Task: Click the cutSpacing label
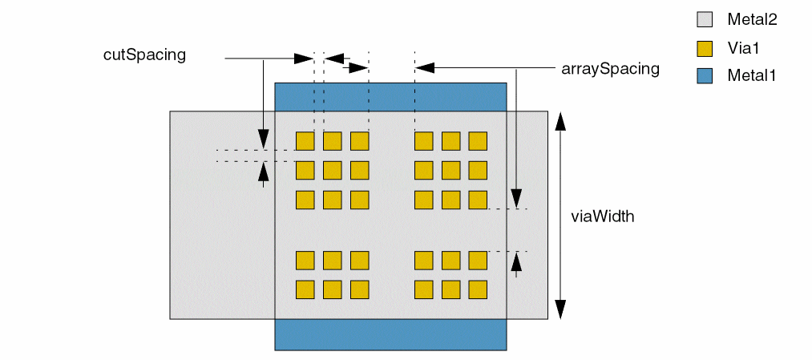(144, 55)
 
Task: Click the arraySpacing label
(611, 69)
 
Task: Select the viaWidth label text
(603, 216)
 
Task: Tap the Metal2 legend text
(753, 20)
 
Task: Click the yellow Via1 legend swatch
(705, 48)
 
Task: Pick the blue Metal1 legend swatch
(705, 76)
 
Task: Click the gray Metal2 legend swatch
(705, 20)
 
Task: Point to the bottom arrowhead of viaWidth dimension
(560, 309)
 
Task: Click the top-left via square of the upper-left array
(305, 141)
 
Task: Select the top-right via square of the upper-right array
(478, 141)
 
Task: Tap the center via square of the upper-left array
(333, 170)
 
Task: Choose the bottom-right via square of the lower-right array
(478, 289)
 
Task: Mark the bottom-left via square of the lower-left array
(305, 289)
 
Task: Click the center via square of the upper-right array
(450, 170)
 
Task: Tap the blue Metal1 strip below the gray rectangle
(390, 334)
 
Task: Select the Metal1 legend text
(752, 76)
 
